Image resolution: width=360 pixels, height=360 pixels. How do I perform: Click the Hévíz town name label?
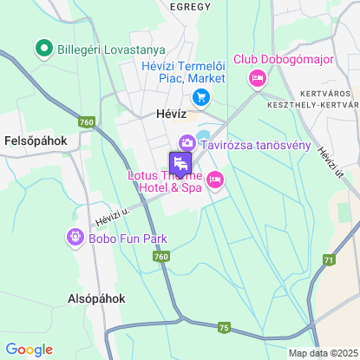(x=160, y=113)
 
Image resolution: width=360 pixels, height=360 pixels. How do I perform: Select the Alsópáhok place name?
(x=96, y=298)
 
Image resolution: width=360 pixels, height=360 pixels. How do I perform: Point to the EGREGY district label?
(x=190, y=6)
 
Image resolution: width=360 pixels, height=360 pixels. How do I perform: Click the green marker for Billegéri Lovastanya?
(x=41, y=48)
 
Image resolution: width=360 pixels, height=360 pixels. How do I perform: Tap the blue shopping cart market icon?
(x=201, y=97)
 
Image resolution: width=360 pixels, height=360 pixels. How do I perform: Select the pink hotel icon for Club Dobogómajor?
(x=257, y=79)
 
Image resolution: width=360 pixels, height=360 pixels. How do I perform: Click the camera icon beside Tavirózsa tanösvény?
(x=187, y=143)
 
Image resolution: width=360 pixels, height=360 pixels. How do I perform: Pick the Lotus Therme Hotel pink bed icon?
(x=214, y=180)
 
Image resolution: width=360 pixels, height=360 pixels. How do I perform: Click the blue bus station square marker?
(x=180, y=162)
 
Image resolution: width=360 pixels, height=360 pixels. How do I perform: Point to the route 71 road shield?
(x=328, y=260)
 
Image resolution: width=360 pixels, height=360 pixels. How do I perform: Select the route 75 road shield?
(x=224, y=327)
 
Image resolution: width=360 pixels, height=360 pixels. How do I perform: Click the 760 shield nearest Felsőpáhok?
(x=86, y=122)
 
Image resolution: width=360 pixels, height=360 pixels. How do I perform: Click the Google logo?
(x=29, y=350)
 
